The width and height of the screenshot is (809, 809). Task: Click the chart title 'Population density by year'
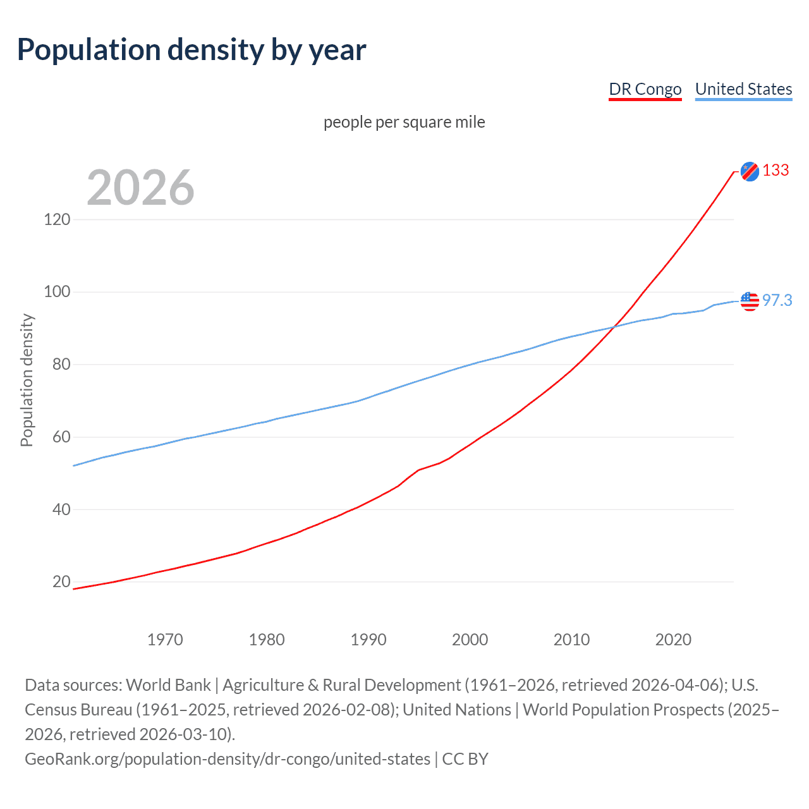(192, 50)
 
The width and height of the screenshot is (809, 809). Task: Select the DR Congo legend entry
(645, 89)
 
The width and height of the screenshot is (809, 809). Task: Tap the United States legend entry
(743, 89)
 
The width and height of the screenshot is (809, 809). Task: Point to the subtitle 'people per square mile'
(404, 122)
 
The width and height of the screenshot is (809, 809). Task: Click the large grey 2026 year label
(140, 188)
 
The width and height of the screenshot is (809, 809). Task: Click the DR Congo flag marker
(750, 171)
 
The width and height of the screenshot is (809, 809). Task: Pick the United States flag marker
(750, 301)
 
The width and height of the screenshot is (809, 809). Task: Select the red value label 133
(776, 171)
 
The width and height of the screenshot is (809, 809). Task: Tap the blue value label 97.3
(777, 300)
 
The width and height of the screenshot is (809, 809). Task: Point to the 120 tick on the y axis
(57, 220)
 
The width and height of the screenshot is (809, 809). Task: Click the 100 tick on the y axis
(57, 292)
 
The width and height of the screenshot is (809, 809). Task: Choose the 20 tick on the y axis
(61, 581)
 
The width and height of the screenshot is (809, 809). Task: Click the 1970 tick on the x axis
(165, 640)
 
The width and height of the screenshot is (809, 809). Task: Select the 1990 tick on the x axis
(368, 640)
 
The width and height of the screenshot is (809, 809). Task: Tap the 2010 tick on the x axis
(571, 640)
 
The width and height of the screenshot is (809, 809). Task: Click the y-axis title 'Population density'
(27, 380)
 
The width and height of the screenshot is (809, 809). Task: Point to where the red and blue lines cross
(613, 326)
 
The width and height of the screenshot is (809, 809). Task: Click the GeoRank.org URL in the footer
(228, 758)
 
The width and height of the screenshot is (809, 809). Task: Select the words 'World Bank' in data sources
(168, 685)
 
